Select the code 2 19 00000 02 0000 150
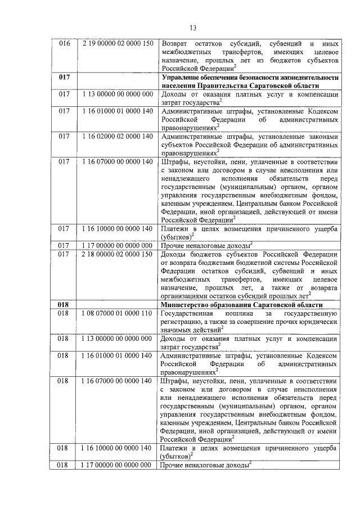pyautogui.click(x=117, y=44)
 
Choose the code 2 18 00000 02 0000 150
pyautogui.click(x=117, y=254)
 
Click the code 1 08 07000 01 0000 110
pyautogui.click(x=117, y=313)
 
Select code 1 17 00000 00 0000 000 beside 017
pyautogui.click(x=117, y=245)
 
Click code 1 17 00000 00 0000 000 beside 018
pyautogui.click(x=117, y=465)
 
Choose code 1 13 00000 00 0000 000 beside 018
pyautogui.click(x=117, y=339)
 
